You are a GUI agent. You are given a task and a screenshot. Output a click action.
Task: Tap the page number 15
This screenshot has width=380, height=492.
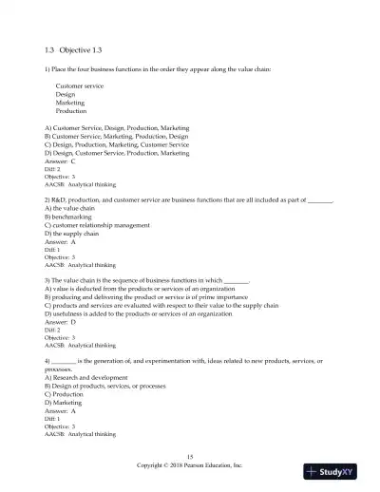coord(190,458)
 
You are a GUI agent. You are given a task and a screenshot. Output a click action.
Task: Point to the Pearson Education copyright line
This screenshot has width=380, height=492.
coord(190,466)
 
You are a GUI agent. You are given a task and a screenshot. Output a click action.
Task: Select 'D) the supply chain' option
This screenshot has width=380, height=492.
coord(71,233)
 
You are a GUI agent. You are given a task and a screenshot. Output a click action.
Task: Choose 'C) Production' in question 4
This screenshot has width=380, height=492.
coord(66,394)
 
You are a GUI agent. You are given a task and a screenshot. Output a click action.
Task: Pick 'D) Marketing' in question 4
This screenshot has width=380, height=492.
coord(66,402)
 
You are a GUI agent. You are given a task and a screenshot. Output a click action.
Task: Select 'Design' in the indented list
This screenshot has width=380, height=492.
coord(66,94)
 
